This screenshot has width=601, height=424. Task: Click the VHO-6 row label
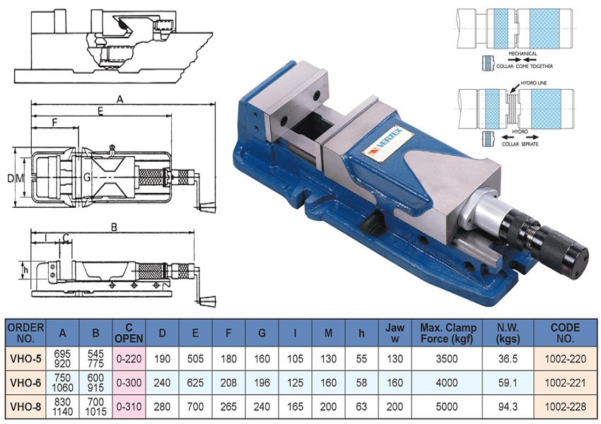[x=25, y=382]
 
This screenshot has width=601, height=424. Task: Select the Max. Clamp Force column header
[x=447, y=334]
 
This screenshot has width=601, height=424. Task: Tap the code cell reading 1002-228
[x=566, y=406]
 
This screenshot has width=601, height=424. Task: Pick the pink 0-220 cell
[x=129, y=359]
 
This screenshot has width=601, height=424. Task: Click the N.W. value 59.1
[x=508, y=382]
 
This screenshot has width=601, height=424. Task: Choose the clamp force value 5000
[x=447, y=406]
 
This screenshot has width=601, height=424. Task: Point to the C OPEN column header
[x=129, y=334]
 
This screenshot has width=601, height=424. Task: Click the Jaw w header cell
[x=395, y=334]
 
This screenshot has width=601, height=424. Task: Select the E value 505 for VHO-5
[x=195, y=359]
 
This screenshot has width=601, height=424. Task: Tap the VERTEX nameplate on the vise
[x=388, y=143]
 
